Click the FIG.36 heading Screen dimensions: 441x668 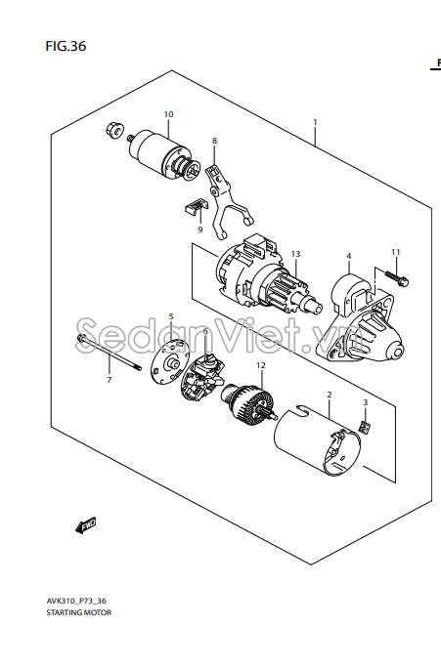click(x=66, y=46)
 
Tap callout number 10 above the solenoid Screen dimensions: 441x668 click(x=168, y=114)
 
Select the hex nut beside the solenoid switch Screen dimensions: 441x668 click(x=114, y=130)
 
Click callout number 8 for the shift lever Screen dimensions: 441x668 click(x=214, y=141)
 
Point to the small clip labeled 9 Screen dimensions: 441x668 click(x=197, y=206)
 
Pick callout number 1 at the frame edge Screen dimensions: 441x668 click(x=315, y=122)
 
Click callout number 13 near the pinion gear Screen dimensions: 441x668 click(x=295, y=254)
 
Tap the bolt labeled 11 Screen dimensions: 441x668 click(x=398, y=278)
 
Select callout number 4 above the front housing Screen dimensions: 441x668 click(x=349, y=256)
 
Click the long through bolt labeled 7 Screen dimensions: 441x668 click(x=110, y=353)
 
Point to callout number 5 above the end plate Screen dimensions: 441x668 click(x=171, y=316)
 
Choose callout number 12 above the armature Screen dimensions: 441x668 click(x=261, y=365)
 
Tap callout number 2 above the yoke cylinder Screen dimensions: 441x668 click(x=330, y=395)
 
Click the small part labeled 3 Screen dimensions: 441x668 click(x=364, y=427)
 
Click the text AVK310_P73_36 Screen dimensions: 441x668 click(x=76, y=602)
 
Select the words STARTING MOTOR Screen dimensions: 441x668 click(x=79, y=612)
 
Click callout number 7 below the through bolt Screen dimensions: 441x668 click(x=110, y=380)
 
